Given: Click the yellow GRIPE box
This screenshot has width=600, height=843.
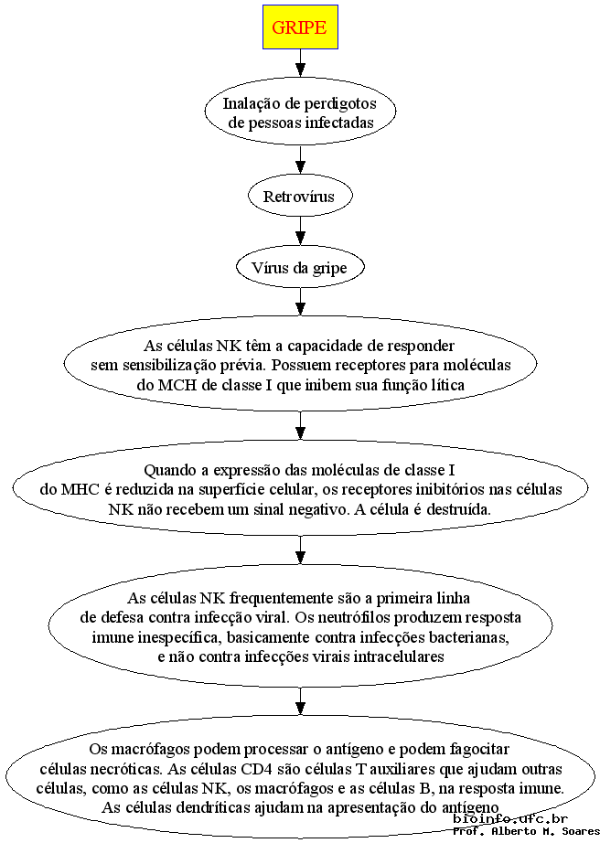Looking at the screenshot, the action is [300, 27].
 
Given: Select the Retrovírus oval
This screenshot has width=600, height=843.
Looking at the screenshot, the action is [300, 197].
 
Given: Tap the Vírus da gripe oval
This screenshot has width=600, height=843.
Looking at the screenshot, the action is [300, 267].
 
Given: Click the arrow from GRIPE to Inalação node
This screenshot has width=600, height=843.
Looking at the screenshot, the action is [301, 63].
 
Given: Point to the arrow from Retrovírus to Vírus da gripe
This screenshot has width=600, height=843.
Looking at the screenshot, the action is [301, 231].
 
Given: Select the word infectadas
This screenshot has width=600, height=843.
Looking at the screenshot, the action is [339, 123].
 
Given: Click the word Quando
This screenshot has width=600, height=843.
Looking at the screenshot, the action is [171, 471].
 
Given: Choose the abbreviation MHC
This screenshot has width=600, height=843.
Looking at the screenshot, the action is [80, 490].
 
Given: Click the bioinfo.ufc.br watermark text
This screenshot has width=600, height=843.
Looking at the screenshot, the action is [510, 819].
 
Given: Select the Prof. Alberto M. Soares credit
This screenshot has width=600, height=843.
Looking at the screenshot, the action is [526, 831].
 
